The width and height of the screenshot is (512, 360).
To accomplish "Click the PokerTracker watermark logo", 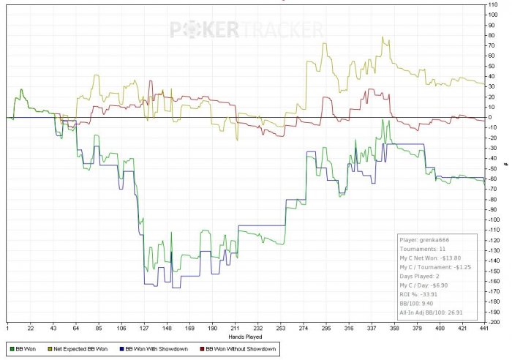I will click(246, 30).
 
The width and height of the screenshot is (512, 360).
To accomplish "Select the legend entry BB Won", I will click(26, 349).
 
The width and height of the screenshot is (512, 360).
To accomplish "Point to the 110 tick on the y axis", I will click(494, 5).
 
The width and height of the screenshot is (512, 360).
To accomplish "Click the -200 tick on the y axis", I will click(495, 321).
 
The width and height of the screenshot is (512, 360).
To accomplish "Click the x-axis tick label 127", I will click(144, 329).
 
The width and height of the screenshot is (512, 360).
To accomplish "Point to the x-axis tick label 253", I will click(280, 329).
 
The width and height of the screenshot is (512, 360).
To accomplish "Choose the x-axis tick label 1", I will click(7, 329).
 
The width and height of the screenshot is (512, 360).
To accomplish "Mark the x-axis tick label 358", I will click(394, 329).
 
